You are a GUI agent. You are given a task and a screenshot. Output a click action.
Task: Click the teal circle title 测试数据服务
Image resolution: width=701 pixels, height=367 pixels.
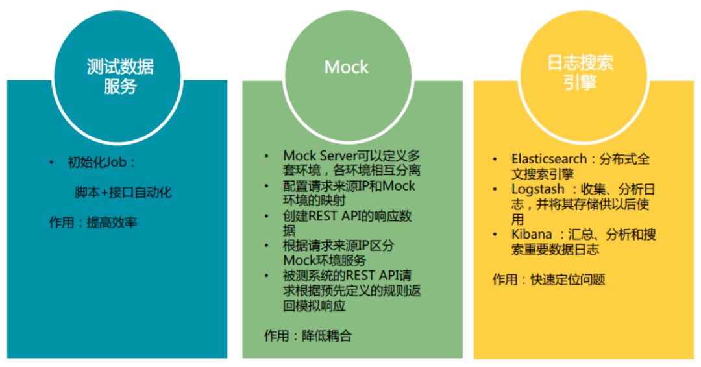120,76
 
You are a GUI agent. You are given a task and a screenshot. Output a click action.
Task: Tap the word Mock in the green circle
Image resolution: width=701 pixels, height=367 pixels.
346,67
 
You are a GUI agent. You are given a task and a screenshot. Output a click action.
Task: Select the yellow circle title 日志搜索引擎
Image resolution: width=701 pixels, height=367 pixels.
580,73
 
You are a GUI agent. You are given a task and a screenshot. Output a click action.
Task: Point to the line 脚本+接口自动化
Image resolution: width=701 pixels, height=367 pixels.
123,193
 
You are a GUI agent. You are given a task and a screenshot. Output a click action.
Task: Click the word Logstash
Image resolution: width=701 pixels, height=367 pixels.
534,189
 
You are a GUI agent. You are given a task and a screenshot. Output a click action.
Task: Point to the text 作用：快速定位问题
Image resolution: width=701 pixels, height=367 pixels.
548,279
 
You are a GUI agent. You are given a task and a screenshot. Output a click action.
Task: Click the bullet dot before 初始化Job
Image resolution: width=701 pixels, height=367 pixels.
52,162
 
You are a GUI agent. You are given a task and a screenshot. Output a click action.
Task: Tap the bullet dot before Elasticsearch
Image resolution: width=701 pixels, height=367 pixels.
497,159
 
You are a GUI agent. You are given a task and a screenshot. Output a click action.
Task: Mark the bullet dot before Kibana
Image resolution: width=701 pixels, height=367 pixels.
497,234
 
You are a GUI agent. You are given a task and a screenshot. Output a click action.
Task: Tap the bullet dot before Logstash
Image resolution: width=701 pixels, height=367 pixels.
497,189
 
